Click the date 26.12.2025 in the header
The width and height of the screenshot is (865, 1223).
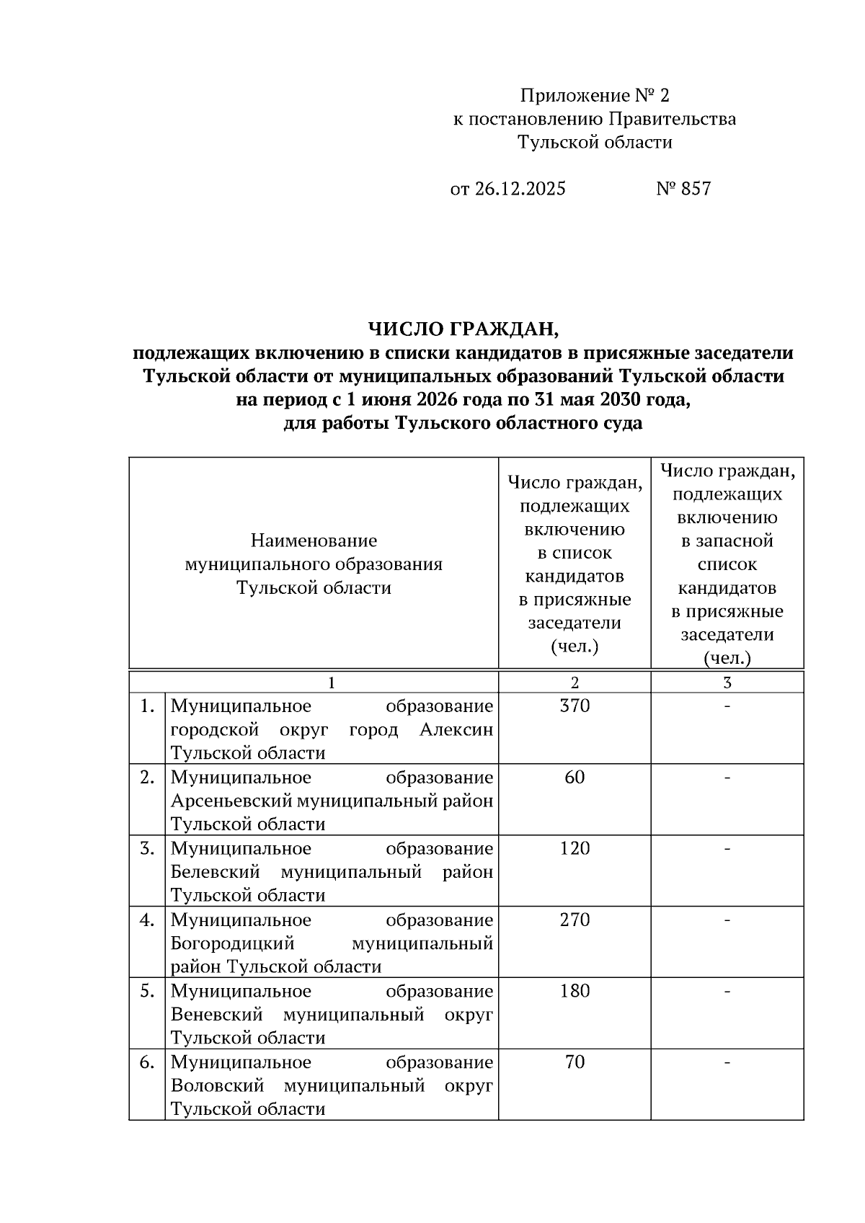coord(520,189)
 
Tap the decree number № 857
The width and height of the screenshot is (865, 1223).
coord(683,189)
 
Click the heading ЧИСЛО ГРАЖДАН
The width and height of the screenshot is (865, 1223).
coord(463,329)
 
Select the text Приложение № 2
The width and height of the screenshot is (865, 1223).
coord(595,95)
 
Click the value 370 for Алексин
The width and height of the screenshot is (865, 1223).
coord(575,706)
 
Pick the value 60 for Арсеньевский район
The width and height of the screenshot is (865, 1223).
coord(575,777)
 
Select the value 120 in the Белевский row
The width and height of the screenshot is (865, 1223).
coord(575,848)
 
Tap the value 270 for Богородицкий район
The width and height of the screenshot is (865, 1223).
coord(575,920)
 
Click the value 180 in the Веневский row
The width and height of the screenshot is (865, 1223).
coord(575,991)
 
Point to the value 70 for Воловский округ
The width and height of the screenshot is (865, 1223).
coord(575,1062)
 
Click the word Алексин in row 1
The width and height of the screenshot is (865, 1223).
coord(456,729)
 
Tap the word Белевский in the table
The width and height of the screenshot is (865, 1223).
coord(215,872)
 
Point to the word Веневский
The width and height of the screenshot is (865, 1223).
coord(216,1015)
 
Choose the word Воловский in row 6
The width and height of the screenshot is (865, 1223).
coord(217,1085)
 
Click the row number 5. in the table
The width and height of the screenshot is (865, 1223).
coord(147,991)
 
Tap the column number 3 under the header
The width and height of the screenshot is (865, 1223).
coord(727,682)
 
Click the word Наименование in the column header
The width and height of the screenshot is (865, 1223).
coord(314,541)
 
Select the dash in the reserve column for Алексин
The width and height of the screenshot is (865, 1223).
coord(727,706)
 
